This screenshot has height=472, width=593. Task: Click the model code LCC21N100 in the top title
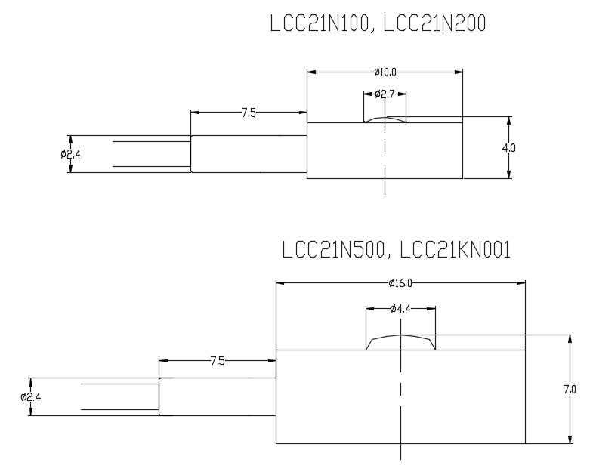(x=320, y=24)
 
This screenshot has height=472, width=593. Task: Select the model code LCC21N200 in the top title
(x=435, y=24)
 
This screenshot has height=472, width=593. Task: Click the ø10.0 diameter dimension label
(x=385, y=72)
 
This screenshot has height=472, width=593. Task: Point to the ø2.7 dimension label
(x=385, y=94)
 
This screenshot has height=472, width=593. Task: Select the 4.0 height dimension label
(x=509, y=148)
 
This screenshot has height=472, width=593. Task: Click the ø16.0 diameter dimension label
(x=400, y=283)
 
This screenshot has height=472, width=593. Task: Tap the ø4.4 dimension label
(x=400, y=308)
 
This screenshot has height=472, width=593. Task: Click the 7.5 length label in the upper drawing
(x=249, y=113)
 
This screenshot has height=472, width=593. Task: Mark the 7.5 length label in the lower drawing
(x=218, y=361)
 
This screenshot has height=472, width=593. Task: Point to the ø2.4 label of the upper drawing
(x=70, y=154)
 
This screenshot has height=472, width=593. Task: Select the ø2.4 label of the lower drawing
(x=31, y=396)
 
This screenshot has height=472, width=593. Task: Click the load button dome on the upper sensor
(x=385, y=119)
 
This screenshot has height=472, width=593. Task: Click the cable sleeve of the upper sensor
(x=249, y=153)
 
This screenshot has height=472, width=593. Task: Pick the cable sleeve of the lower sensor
(x=218, y=396)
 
